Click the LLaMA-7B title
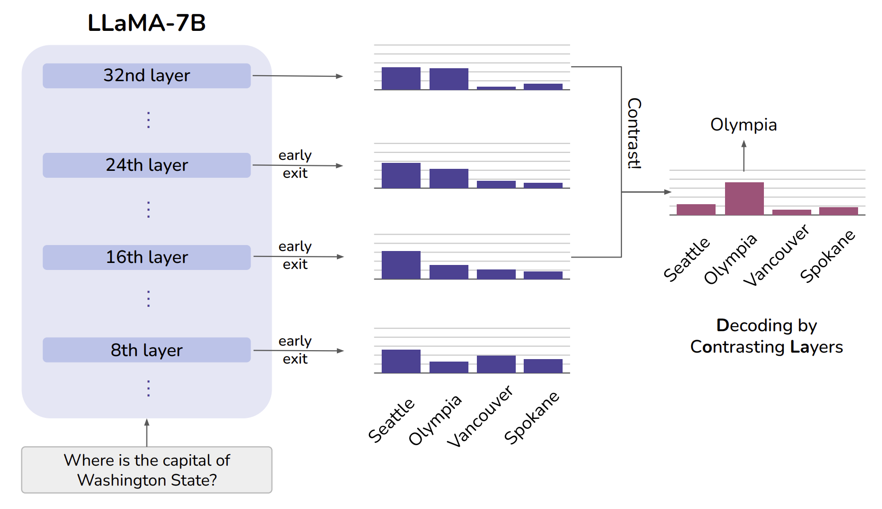point(147,23)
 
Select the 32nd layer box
point(147,76)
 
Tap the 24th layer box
point(147,165)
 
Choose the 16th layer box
point(147,257)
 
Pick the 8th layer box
point(147,350)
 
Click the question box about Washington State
point(147,470)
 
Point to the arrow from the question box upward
point(147,433)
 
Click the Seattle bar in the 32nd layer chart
point(401,79)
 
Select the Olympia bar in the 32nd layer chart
point(449,79)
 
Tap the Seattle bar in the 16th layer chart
point(401,265)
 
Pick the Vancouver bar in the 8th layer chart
point(496,364)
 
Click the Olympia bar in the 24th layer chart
point(449,178)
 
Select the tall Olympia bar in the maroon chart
point(744,199)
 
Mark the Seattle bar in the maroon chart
point(696,210)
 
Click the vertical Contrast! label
point(634,133)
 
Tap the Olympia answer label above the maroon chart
point(743,125)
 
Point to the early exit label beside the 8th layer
point(295,350)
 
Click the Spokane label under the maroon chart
point(828,256)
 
